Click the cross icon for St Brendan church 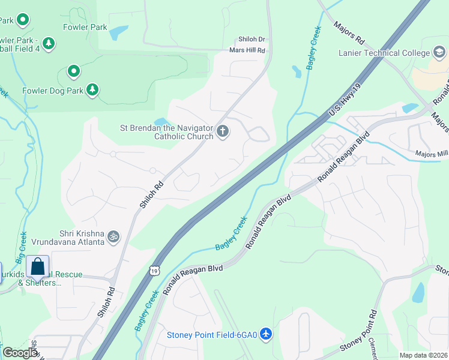point(223,131)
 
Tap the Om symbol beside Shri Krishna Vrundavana point(113,237)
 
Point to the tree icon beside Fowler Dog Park point(92,90)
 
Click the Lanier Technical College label point(384,53)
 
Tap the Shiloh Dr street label point(252,38)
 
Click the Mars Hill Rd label point(247,50)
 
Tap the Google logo point(20,353)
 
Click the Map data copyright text point(424,355)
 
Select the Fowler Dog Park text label point(52,91)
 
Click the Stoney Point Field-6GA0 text point(212,335)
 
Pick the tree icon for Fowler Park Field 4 point(49,43)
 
